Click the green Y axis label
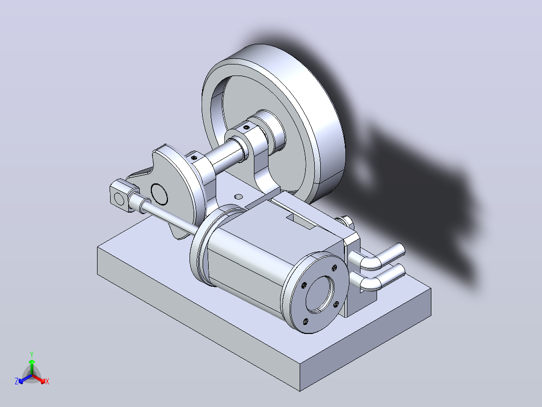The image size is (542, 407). (32, 354)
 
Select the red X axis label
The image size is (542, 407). (47, 381)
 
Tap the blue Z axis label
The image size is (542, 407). (17, 381)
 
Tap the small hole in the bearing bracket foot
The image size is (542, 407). (238, 197)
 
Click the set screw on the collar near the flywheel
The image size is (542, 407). (246, 127)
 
